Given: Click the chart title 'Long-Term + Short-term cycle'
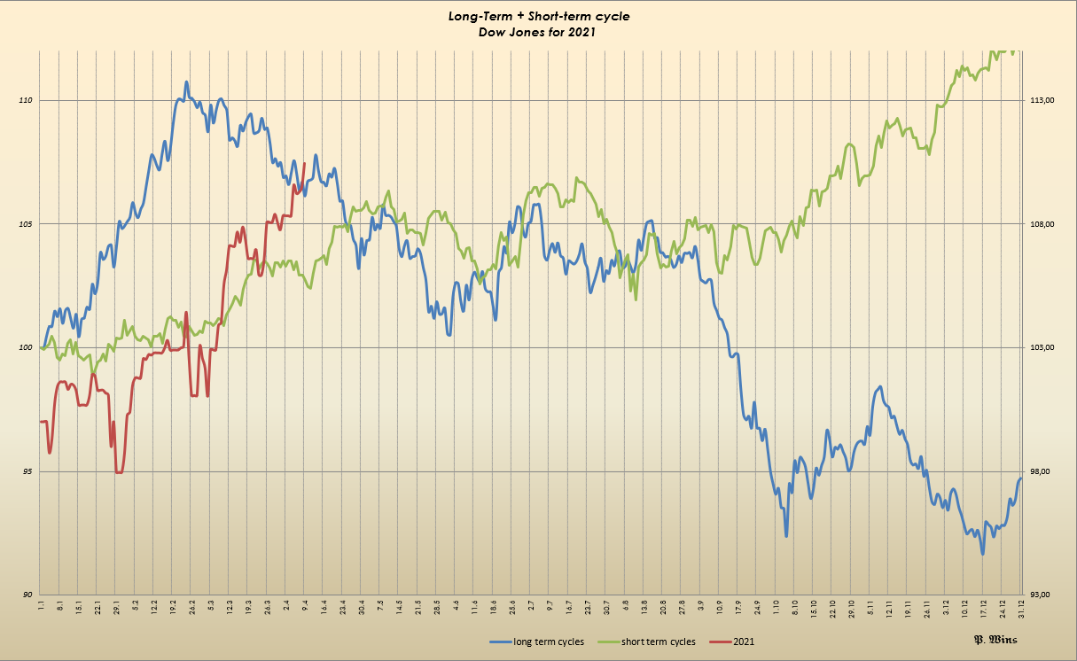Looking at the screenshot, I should [539, 16].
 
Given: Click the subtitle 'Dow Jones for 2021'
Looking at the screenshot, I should [539, 31].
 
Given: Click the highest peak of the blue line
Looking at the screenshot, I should [186, 82].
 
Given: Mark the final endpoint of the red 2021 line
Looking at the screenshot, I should [305, 163].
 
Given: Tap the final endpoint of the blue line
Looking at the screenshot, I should [1021, 478].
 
